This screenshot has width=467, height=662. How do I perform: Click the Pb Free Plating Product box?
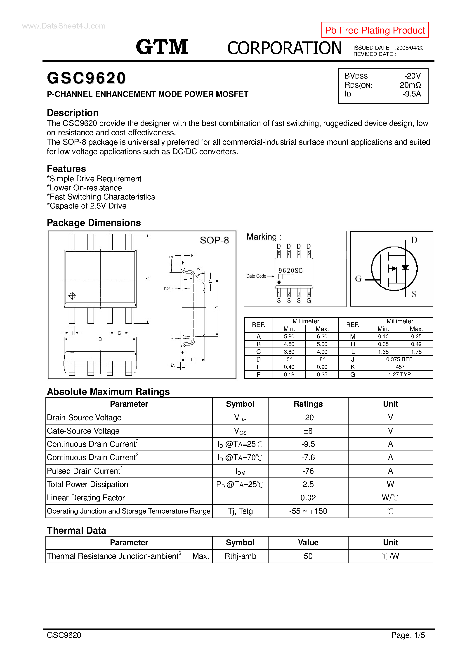point(375,30)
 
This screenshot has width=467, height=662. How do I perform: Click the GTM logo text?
point(162,47)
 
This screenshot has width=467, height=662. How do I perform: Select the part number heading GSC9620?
point(86,78)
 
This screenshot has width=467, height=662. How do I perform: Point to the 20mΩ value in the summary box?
point(410,85)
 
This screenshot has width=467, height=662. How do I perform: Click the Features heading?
point(66,169)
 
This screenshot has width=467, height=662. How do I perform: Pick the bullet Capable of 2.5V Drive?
point(87,206)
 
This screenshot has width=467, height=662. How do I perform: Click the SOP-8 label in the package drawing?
point(214,240)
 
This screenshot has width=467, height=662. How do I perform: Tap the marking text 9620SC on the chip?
point(290,271)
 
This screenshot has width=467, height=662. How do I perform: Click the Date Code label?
point(256,276)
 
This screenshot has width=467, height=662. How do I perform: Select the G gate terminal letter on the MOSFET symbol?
point(358,278)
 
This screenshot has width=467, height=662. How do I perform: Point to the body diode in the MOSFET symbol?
point(405,268)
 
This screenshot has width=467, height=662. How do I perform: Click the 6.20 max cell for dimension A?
point(322,336)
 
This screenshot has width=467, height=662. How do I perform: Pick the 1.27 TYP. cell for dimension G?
point(400,374)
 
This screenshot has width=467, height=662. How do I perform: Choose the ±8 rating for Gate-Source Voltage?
point(308,431)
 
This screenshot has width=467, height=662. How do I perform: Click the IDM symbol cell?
point(240,471)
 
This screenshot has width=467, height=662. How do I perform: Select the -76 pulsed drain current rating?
point(308,471)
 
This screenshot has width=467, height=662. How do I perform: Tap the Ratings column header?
point(308,404)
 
